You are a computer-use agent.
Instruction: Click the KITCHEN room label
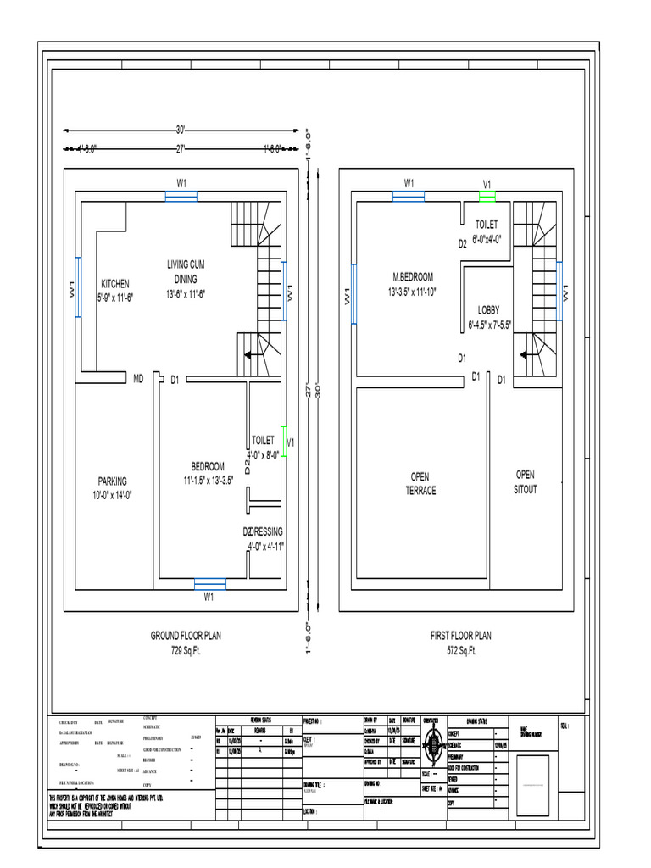[115, 285]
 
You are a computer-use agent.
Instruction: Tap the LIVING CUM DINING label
[185, 272]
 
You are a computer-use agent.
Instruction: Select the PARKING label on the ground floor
[112, 481]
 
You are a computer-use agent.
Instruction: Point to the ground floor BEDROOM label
[208, 467]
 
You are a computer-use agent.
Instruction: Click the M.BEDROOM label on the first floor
[413, 277]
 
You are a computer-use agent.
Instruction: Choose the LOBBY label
[489, 310]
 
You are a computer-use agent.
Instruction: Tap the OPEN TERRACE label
[420, 484]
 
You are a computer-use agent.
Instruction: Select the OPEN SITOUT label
[526, 481]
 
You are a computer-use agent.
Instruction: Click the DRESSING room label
[265, 531]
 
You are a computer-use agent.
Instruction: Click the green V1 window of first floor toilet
[487, 196]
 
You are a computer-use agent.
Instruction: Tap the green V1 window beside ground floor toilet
[285, 442]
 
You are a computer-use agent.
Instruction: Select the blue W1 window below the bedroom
[209, 583]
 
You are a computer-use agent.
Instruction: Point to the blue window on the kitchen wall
[78, 288]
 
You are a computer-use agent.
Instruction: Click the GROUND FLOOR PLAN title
[186, 636]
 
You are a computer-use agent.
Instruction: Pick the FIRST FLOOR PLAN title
[460, 636]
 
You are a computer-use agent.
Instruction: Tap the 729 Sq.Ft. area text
[186, 650]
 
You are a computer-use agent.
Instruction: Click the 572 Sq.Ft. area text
[460, 650]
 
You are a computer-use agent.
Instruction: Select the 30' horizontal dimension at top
[181, 130]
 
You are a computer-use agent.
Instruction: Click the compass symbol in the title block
[433, 741]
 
